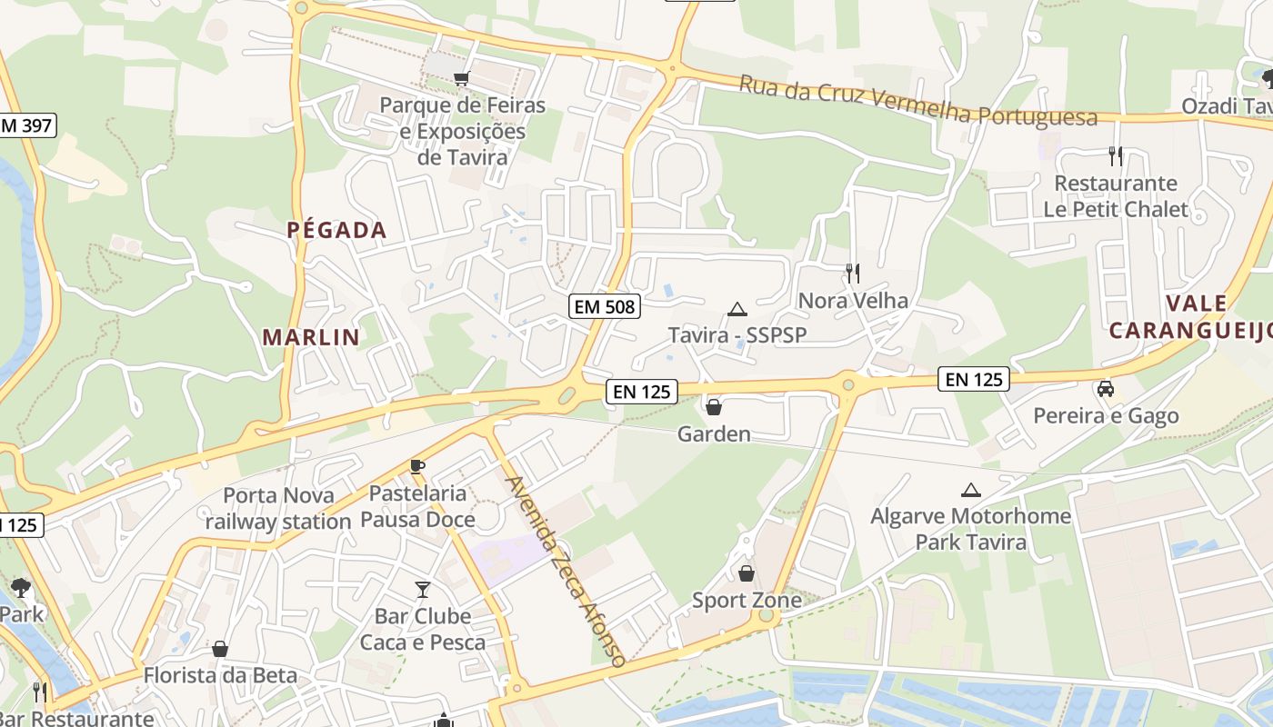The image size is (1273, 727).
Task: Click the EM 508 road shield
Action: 605,306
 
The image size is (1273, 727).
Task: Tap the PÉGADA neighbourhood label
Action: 337,230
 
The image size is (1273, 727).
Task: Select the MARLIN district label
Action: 311,337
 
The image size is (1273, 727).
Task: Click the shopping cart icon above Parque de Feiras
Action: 461,79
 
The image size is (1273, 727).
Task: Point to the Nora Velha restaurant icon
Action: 852,273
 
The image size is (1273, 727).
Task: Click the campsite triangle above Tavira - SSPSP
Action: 737,309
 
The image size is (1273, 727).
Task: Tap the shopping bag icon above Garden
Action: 714,407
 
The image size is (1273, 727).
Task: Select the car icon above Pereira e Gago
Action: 1106,389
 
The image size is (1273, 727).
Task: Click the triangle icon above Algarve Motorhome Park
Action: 970,491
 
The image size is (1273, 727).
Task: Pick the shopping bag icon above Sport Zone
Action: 746,573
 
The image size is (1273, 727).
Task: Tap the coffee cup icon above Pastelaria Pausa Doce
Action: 417,467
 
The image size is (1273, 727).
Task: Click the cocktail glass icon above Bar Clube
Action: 422,590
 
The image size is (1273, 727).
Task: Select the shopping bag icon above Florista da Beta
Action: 219,649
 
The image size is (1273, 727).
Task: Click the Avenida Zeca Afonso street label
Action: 566,573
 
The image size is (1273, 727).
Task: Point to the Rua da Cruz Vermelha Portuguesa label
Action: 917,101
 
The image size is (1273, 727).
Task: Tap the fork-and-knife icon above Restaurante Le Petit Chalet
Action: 1116,156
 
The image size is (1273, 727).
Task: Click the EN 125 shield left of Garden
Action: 642,392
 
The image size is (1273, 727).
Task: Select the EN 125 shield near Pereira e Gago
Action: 974,379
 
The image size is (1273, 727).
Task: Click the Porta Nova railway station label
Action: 277,508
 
